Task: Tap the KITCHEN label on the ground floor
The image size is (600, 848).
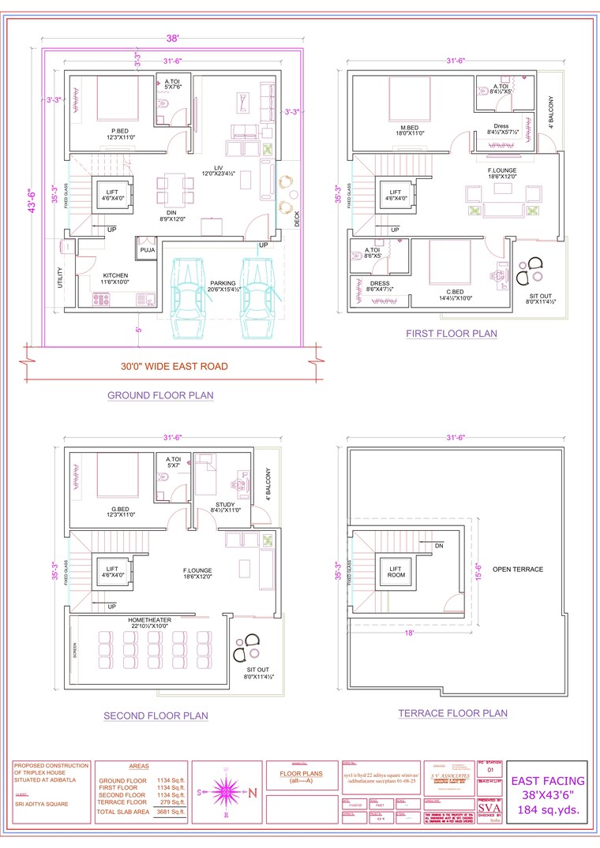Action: (x=115, y=276)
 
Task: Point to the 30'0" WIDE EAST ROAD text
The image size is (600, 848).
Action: (x=174, y=366)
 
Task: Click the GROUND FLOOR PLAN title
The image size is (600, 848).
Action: (x=160, y=395)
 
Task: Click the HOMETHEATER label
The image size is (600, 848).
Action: (x=149, y=620)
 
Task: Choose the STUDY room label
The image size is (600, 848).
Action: (x=225, y=505)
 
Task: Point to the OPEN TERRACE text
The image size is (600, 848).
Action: (x=518, y=569)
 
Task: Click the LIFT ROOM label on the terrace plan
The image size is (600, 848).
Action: (x=395, y=572)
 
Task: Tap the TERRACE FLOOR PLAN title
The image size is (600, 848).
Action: (x=452, y=713)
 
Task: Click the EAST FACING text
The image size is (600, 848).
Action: (x=548, y=781)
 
